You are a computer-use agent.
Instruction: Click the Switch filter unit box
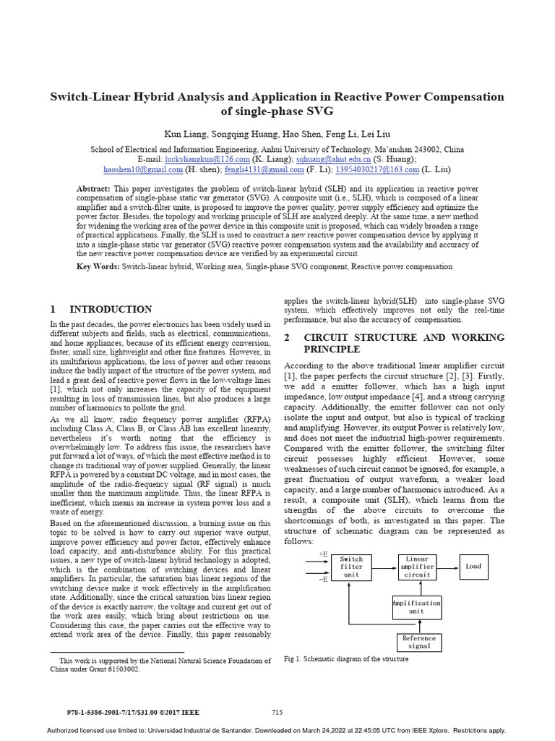(x=351, y=567)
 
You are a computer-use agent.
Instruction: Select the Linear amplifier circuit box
(x=417, y=567)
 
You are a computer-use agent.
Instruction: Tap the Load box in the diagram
(x=473, y=567)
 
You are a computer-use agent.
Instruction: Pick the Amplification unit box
(x=417, y=607)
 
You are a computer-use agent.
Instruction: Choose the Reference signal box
(x=419, y=642)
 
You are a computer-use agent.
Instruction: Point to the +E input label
(x=323, y=554)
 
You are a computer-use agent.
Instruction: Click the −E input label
(x=323, y=579)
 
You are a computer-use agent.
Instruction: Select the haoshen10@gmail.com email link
(x=143, y=169)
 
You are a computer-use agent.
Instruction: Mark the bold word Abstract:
(x=93, y=188)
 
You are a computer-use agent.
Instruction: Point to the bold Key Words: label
(x=98, y=266)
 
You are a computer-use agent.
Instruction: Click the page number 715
(x=277, y=713)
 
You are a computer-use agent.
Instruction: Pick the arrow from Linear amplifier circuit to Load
(x=449, y=567)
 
